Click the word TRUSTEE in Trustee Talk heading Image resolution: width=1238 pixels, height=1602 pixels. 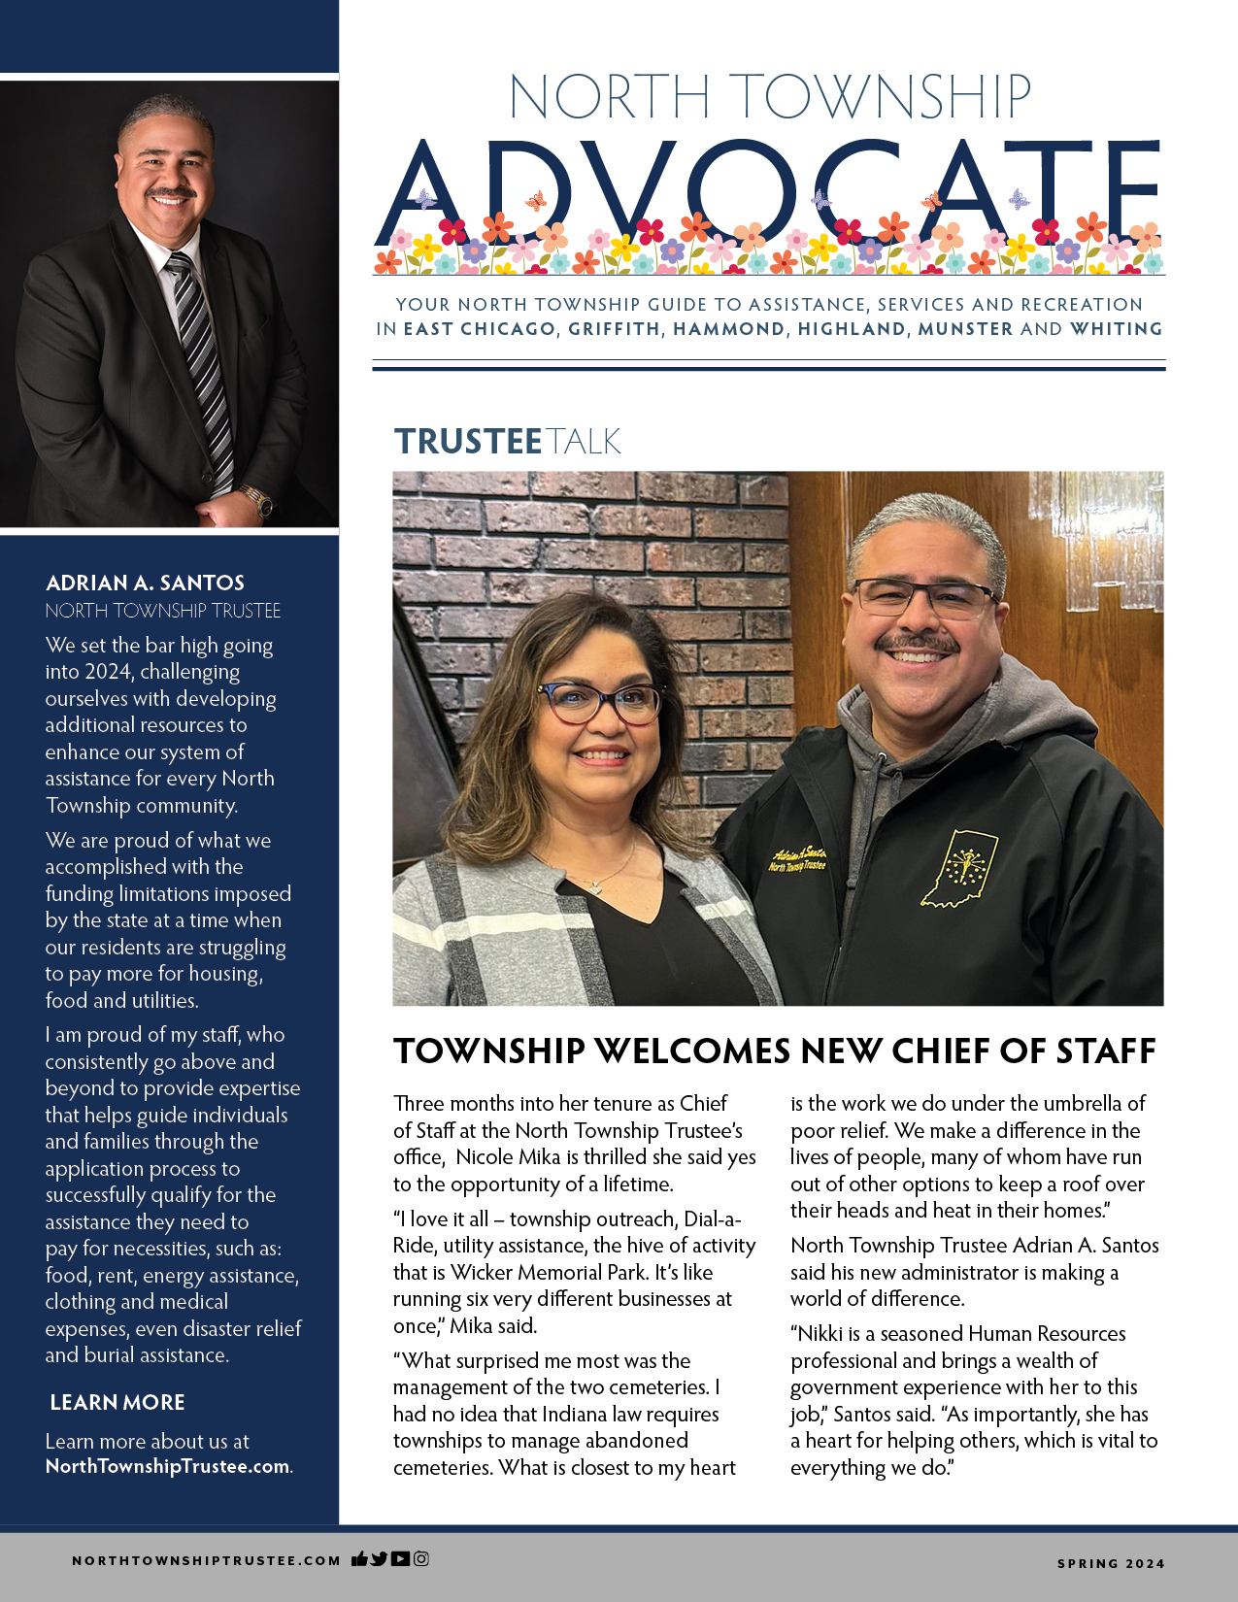coord(467,442)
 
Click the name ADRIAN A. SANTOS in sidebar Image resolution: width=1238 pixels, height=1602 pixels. coord(145,583)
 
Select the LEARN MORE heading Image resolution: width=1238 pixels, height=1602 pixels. coord(117,1402)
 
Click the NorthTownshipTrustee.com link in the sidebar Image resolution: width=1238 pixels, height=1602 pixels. coord(167,1466)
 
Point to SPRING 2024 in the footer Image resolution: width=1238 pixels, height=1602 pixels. coord(1111,1563)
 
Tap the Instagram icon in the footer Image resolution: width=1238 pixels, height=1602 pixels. coord(421,1558)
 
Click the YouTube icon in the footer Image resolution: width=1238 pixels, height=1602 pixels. coord(400,1558)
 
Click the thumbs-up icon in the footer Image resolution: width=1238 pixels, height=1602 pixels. coord(359,1559)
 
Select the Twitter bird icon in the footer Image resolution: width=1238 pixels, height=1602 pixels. coord(379,1558)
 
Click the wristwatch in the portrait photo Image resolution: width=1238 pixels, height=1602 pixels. coord(259,499)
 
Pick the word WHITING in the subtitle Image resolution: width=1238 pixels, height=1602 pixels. coord(1116,329)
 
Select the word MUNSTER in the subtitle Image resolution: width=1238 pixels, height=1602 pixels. coord(965,329)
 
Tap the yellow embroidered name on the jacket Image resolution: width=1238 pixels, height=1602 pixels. coord(797,857)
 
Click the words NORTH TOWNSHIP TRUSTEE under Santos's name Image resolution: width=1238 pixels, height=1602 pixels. coord(163,611)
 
